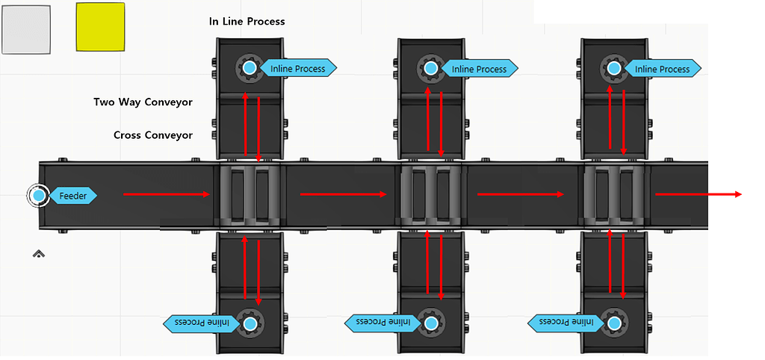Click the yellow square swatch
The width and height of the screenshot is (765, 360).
coord(100,27)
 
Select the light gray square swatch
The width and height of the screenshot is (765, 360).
coord(26,30)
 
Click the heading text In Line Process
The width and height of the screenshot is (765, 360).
coord(247,22)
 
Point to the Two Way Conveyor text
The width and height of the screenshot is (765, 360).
coord(143,102)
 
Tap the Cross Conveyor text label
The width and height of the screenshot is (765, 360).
coord(153,135)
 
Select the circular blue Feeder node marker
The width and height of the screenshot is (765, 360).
coord(39,196)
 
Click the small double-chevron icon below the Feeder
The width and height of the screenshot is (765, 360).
coord(39,254)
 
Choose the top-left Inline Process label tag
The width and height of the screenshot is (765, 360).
coord(298,69)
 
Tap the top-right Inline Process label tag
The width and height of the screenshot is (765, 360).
coord(662,69)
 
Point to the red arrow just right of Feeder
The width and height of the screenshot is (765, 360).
coord(167,194)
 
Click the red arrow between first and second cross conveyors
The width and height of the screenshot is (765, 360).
coord(343,194)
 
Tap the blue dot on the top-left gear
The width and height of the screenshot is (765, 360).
coord(250,68)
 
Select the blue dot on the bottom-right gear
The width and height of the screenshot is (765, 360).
coord(614,323)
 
